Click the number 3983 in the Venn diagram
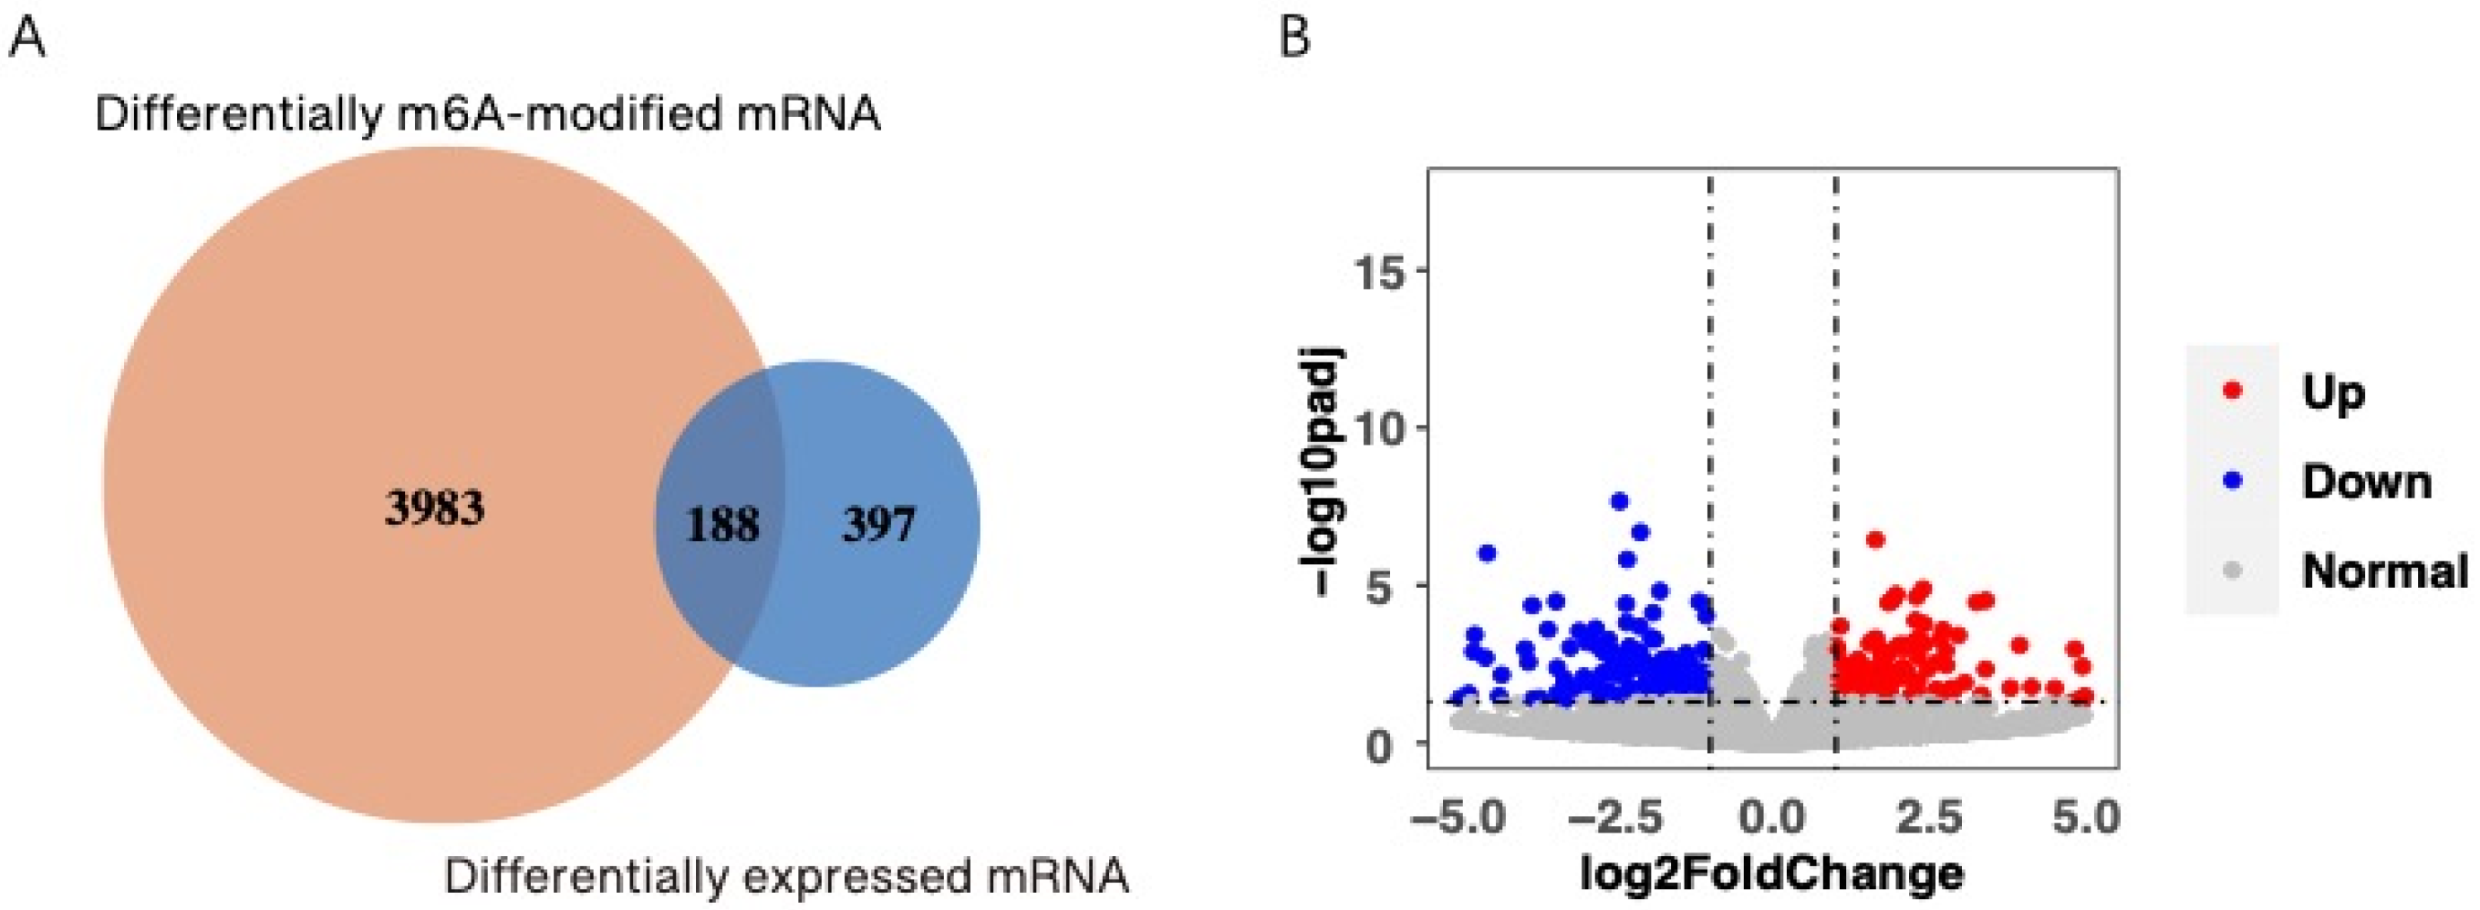tap(435, 507)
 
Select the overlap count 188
tap(722, 525)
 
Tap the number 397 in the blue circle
tap(878, 525)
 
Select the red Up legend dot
tap(2233, 391)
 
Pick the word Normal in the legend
tap(2383, 571)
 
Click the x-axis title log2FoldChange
tap(1771, 873)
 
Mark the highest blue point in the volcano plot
tap(1619, 501)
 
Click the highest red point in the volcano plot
tap(1874, 539)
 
